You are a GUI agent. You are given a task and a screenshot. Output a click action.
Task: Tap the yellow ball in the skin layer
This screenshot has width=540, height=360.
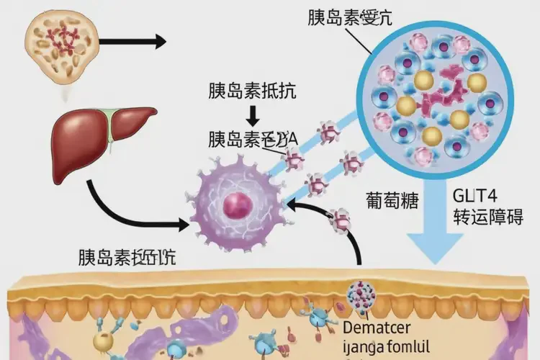coord(102,341)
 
